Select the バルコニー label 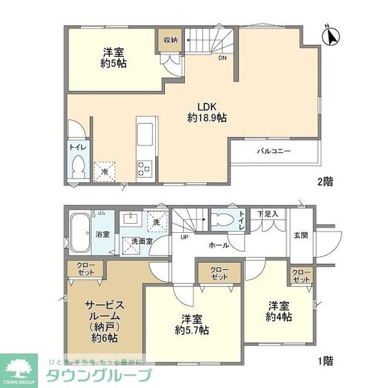tap(274, 151)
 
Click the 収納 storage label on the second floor tap(170, 40)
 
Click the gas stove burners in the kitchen tap(144, 167)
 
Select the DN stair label tap(222, 58)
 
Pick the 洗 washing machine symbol tap(156, 221)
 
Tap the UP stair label tap(184, 237)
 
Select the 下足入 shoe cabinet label tap(270, 213)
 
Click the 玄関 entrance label tap(300, 235)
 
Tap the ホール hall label tap(217, 245)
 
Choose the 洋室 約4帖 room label tap(279, 312)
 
